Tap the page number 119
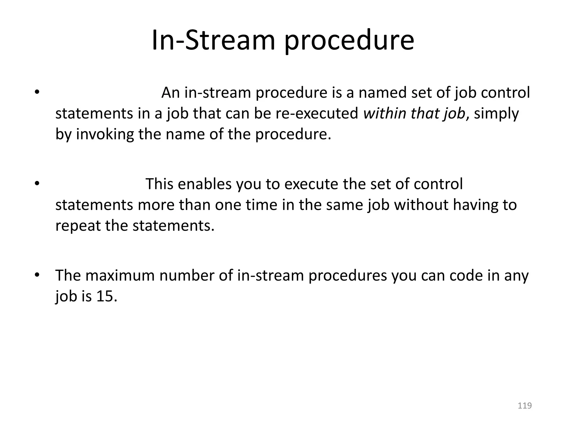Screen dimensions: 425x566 tap(525, 406)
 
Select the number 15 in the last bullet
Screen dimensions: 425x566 tap(105, 296)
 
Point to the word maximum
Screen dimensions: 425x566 tap(120, 276)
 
